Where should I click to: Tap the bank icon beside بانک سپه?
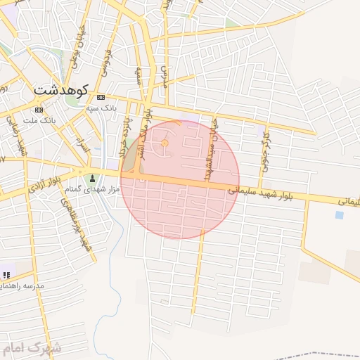click(101, 97)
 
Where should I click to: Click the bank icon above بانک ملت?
click(38, 110)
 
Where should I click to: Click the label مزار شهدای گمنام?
click(91, 189)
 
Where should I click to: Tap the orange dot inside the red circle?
click(165, 143)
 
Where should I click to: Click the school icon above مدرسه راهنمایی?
click(7, 274)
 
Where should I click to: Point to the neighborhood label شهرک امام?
click(32, 348)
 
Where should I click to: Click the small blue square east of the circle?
click(340, 215)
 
